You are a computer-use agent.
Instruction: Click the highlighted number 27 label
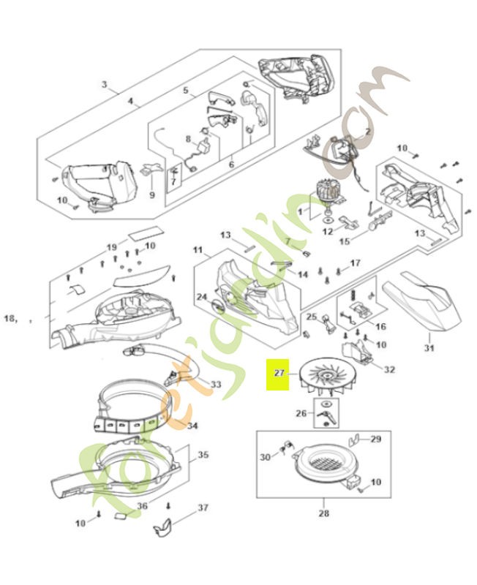tap(278, 372)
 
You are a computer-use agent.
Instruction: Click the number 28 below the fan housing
tap(324, 513)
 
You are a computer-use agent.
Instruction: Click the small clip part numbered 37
tap(167, 525)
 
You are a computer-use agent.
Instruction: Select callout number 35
tap(203, 454)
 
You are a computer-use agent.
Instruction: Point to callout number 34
tap(192, 426)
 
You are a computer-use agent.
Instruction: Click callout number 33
tap(216, 384)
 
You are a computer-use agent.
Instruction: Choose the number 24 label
tap(201, 297)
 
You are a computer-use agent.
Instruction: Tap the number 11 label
tap(198, 251)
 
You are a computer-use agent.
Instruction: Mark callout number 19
tap(112, 246)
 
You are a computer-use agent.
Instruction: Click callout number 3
tap(104, 84)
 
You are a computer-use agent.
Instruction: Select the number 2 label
tap(367, 132)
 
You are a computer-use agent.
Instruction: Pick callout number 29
tap(376, 439)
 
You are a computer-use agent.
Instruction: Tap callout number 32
tap(389, 369)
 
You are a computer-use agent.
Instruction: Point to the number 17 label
tap(356, 263)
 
